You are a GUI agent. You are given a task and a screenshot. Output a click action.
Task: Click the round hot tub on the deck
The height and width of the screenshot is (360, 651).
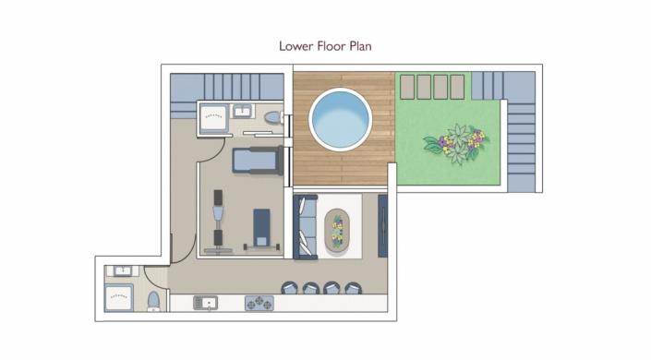click(x=340, y=118)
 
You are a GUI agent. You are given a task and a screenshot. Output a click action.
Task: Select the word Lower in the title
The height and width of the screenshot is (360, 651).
click(x=297, y=44)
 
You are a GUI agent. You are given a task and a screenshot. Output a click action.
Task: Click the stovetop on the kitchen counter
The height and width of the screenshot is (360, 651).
click(x=259, y=302)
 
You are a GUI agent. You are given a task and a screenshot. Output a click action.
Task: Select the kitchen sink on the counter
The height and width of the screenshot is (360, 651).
click(x=206, y=302)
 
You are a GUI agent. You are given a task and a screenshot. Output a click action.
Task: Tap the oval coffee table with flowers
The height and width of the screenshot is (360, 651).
click(x=337, y=230)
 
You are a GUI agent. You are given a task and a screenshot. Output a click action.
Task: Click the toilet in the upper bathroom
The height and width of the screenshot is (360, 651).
click(x=271, y=118)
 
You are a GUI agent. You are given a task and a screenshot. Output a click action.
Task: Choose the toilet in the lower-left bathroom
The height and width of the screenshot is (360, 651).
click(x=153, y=301)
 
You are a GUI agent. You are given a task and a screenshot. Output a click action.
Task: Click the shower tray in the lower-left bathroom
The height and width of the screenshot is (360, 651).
click(x=119, y=298)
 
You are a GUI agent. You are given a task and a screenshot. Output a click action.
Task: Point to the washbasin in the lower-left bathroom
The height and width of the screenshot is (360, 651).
click(x=122, y=270)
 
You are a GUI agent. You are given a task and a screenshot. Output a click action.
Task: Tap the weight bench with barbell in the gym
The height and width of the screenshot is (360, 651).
click(x=262, y=229)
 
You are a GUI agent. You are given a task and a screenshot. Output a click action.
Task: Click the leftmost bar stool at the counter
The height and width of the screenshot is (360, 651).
click(x=291, y=287)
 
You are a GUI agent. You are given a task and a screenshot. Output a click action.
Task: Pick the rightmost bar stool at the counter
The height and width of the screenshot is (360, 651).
click(x=351, y=287)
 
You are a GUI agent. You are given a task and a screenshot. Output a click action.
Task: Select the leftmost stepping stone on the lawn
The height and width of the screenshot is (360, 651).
click(x=407, y=86)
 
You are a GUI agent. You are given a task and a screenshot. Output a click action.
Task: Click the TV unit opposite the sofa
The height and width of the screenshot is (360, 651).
click(x=383, y=226)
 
